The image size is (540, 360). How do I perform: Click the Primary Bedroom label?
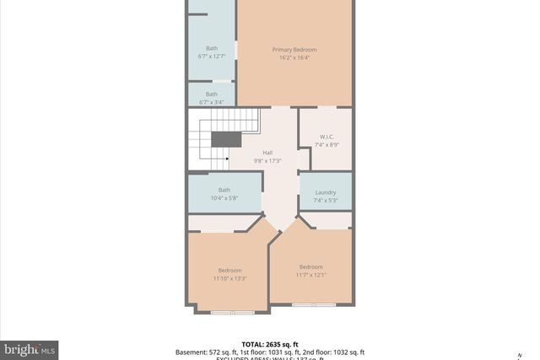pos(294,50)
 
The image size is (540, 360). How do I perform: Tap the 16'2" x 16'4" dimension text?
pos(294,57)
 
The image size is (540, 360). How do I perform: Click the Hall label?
pos(267,153)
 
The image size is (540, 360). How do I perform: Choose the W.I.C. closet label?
pos(327,137)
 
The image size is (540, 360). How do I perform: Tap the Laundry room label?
pos(325,193)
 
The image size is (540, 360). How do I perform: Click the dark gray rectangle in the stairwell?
pos(225,140)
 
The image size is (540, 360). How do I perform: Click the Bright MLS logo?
pos(30,348)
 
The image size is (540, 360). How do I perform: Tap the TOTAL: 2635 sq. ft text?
pos(269,344)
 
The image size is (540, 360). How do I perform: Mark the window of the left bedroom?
pos(232,313)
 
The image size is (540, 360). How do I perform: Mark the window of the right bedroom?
pos(314,304)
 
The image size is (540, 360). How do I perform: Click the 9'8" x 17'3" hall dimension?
pos(267,160)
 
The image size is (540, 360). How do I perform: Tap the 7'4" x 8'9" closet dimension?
pos(327,144)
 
